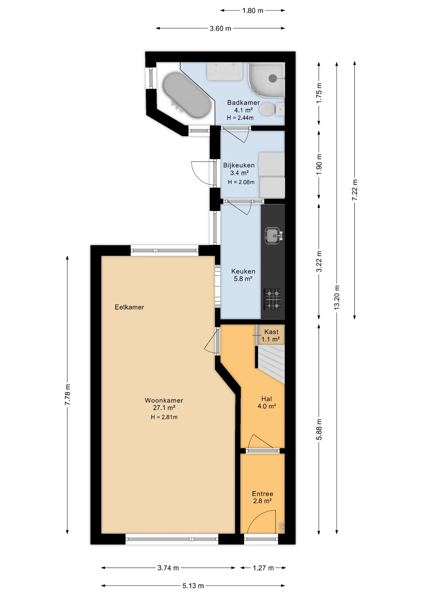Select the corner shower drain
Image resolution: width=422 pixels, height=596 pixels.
[273, 79]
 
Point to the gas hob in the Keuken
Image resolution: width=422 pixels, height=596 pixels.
[273, 300]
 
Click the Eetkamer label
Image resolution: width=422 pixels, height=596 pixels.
[129, 307]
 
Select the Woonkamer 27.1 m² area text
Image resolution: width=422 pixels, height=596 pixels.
[164, 404]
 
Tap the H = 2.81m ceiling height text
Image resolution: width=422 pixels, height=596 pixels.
[164, 417]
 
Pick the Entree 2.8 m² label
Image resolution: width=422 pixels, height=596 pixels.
[263, 497]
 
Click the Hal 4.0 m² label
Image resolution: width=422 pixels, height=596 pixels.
[267, 403]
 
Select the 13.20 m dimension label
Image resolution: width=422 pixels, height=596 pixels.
[337, 297]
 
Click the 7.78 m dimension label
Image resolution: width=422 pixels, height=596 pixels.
[67, 395]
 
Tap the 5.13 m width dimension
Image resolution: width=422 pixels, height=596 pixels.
[193, 586]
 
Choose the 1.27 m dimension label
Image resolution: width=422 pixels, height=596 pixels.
[263, 568]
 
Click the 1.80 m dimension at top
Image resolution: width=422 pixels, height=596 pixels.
[253, 11]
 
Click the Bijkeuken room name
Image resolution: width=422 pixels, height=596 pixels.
[239, 165]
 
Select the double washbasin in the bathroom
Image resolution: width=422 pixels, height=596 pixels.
[225, 71]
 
